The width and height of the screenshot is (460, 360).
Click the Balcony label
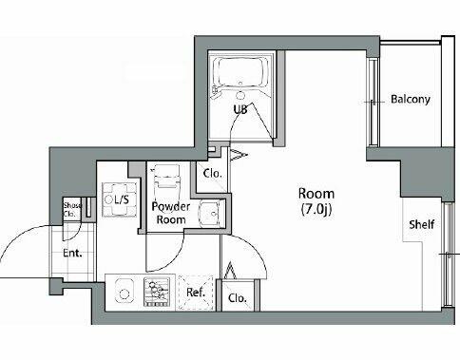tap(411, 99)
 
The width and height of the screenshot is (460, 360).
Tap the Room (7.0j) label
tap(316, 201)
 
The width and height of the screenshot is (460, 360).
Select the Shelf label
tap(421, 224)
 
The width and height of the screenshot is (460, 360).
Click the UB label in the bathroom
tap(240, 109)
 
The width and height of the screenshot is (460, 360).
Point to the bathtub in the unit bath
tap(240, 72)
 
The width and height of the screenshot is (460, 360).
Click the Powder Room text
tap(171, 213)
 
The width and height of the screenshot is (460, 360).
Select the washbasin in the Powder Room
tap(211, 214)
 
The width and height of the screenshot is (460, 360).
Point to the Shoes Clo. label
tap(72, 210)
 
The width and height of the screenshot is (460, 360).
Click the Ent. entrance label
tap(72, 253)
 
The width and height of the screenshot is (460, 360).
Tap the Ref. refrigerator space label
tap(196, 293)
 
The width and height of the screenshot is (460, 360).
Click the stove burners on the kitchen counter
tap(157, 293)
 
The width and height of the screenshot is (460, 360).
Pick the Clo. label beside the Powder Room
tap(212, 174)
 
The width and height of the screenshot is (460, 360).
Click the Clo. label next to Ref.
tap(238, 298)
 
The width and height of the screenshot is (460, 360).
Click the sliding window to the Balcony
tap(374, 102)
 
